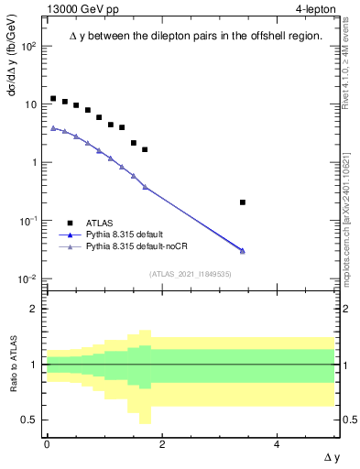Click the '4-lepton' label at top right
point(317,10)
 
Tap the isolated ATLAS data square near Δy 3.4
point(243,202)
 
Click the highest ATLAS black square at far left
point(53,98)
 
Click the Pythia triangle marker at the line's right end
point(243,251)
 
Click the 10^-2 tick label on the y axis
point(28,278)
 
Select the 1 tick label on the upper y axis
point(34,163)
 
